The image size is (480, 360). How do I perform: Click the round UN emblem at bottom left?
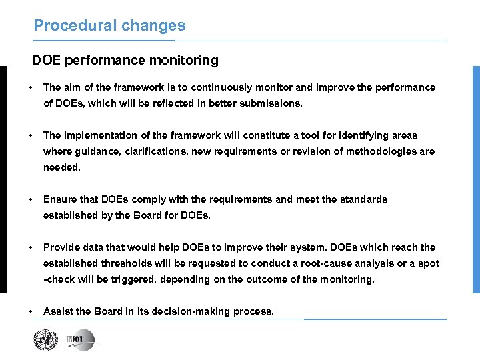pos(46,340)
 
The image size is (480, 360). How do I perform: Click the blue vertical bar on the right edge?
pos(476,179)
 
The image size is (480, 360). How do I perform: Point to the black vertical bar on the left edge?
pos(3,179)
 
